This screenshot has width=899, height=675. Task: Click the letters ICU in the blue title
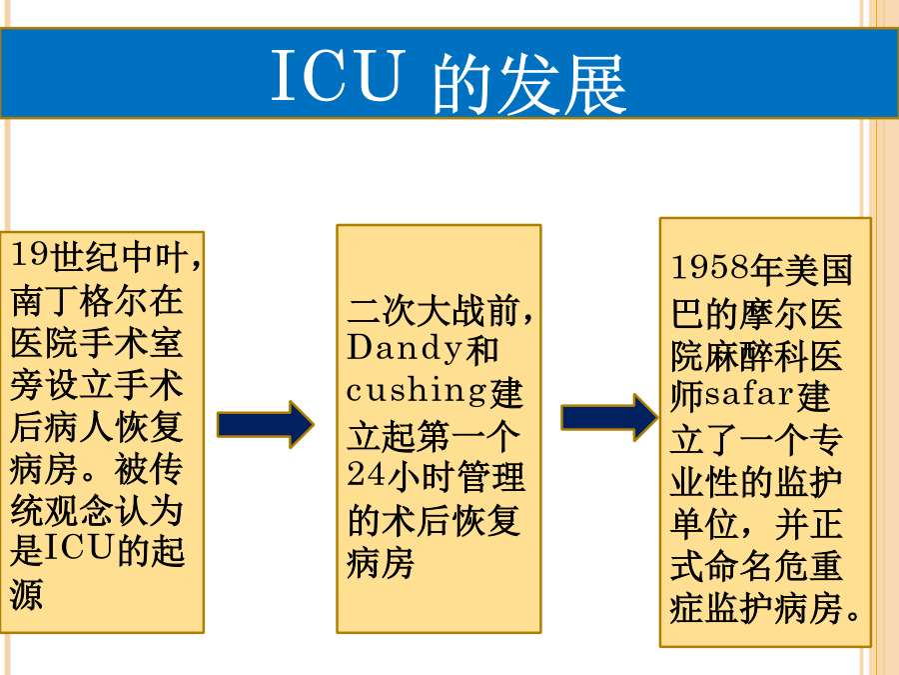point(338,76)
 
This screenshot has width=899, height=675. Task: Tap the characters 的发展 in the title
point(529,84)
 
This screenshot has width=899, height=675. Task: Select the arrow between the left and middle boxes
point(266,424)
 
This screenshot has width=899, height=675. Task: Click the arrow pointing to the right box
point(609,417)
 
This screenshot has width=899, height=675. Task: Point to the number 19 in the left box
point(29,254)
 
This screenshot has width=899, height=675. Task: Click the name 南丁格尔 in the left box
point(79,300)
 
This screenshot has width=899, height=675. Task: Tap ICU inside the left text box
point(79,548)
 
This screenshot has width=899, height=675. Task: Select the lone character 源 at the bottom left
point(26,594)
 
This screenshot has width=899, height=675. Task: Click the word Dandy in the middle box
point(405,348)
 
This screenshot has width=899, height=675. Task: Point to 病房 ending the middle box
point(382,563)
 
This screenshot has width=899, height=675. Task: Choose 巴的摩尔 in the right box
point(739,313)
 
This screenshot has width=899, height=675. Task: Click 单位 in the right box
point(704,523)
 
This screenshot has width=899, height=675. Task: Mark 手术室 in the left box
point(131,343)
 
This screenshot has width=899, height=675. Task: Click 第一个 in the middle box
point(467,436)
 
